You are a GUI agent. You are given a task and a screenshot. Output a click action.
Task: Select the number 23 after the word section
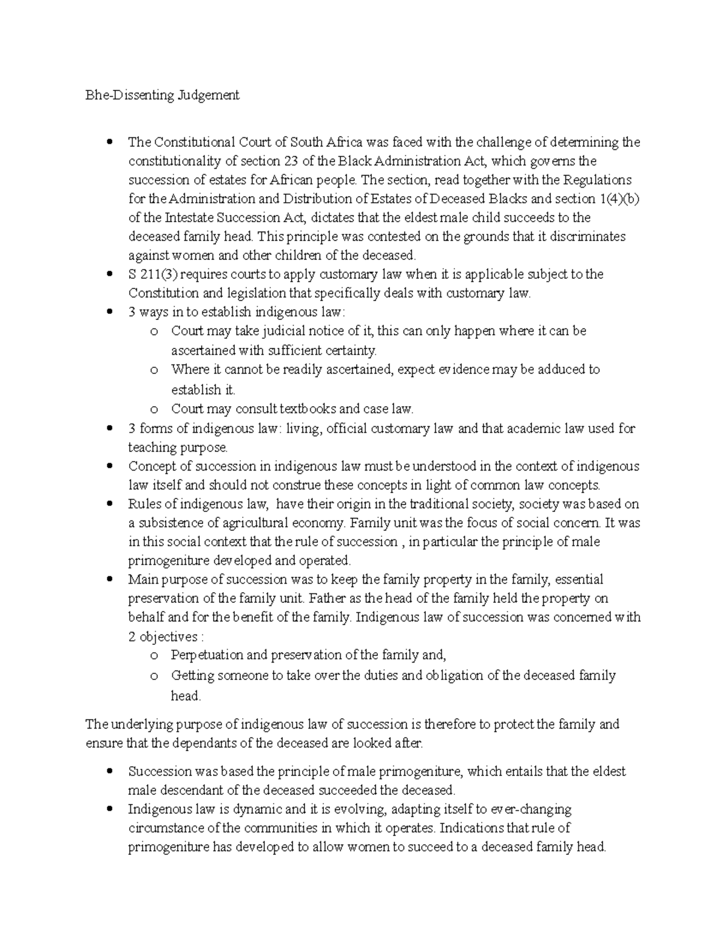pos(290,161)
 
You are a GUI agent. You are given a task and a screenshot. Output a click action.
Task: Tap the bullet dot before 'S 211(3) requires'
pos(110,274)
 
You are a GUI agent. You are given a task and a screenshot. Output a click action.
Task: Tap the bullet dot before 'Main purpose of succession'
pos(110,579)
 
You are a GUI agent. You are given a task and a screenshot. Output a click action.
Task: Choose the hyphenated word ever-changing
pos(531,809)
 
